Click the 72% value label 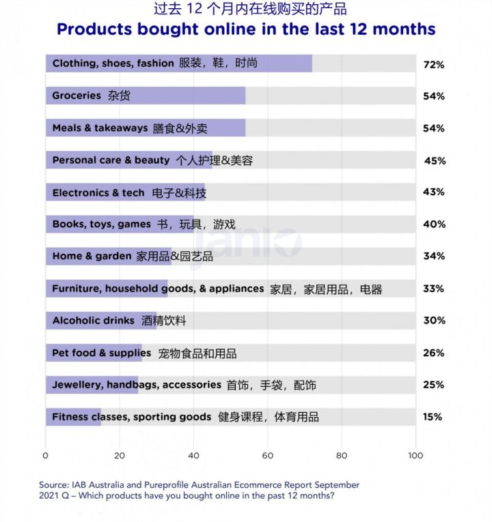click(433, 64)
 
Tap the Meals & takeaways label click(100, 128)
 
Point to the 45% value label click(435, 161)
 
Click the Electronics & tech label click(98, 193)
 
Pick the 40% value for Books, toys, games click(433, 224)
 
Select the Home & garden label click(92, 256)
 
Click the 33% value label click(433, 289)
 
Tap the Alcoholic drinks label click(93, 320)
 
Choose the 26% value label click(433, 353)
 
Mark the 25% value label click(433, 385)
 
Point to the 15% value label click(433, 417)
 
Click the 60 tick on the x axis click(267, 456)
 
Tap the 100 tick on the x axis click(415, 456)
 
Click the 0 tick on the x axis click(46, 456)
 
